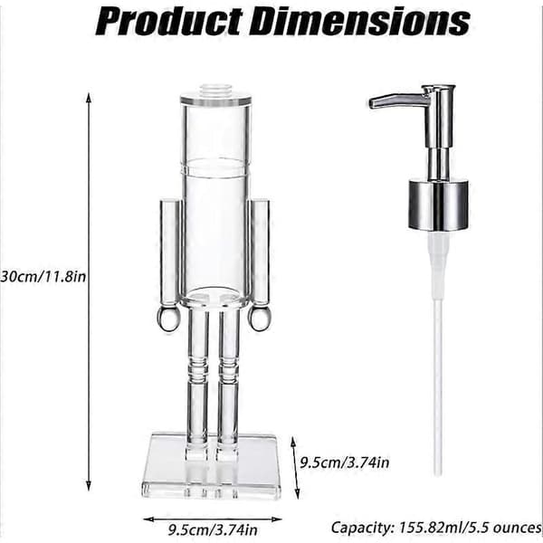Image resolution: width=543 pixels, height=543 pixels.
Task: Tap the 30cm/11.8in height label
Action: click(x=43, y=277)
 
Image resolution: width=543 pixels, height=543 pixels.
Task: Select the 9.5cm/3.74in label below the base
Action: click(x=213, y=529)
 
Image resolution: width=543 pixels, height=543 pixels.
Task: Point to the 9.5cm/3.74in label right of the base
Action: click(x=345, y=462)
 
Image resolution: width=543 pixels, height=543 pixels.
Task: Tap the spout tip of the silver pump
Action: click(x=372, y=103)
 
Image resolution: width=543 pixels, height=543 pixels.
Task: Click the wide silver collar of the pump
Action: click(x=438, y=205)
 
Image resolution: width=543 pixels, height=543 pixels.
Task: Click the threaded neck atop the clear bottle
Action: click(x=215, y=89)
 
